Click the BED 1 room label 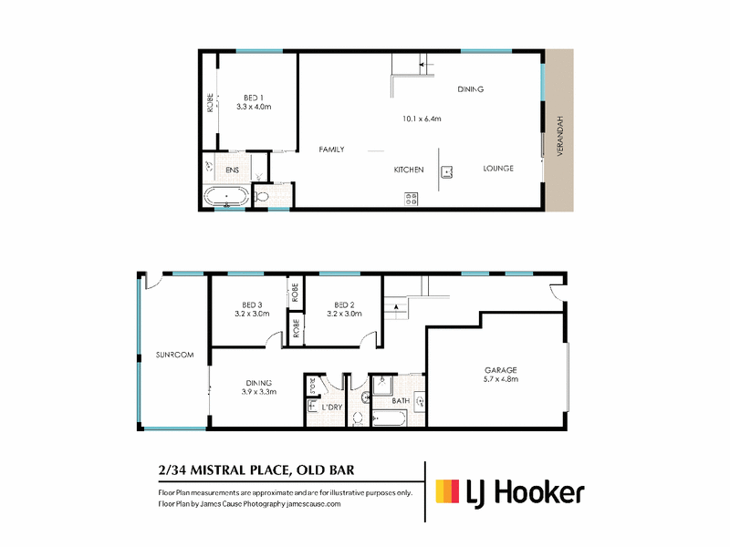pos(254,98)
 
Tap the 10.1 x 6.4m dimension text pos(422,119)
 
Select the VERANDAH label pos(560,136)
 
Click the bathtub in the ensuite pos(226,197)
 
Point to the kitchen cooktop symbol pos(412,199)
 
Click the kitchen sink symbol pos(447,172)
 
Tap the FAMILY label pos(331,150)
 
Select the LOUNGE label pos(498,169)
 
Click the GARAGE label pos(501,370)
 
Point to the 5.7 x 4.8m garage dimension pos(501,379)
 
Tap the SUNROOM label pos(174,355)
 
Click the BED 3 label pos(252,305)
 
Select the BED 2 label pos(344,305)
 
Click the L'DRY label pos(332,408)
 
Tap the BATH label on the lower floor pos(401,400)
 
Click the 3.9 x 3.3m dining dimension pos(259,392)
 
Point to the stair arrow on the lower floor pos(397,306)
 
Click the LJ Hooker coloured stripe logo pos(447,491)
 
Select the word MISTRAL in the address pos(219,470)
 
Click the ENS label pos(232,170)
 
